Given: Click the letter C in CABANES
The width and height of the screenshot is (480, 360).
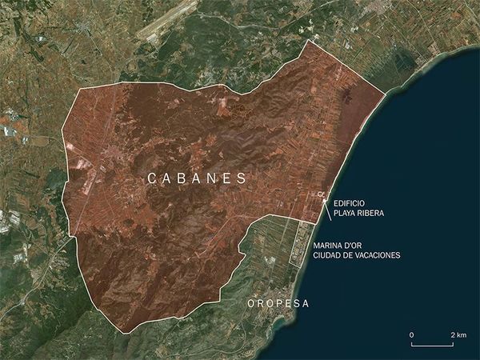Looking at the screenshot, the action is click(x=153, y=180).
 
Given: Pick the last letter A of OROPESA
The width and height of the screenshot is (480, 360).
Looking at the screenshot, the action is click(x=305, y=304).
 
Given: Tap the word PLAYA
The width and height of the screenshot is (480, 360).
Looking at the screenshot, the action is click(x=346, y=214).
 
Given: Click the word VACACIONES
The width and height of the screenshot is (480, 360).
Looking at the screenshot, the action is click(x=378, y=255).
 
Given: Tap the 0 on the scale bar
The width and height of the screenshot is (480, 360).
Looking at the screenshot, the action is click(x=411, y=334).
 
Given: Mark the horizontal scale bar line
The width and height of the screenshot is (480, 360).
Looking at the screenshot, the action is click(x=433, y=345).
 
